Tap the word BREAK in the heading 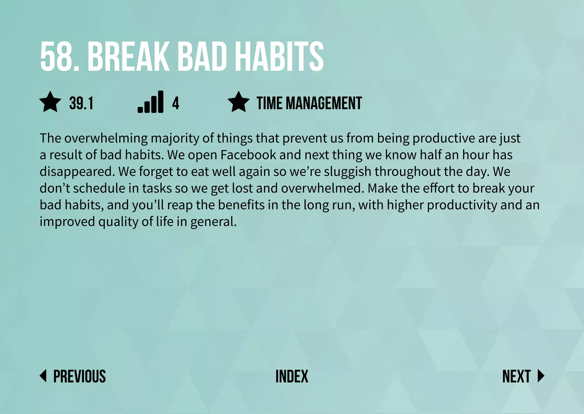point(128,56)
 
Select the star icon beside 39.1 point(50,102)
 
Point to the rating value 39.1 point(81,103)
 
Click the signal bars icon point(151,102)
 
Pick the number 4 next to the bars point(175,103)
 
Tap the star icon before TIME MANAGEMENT point(238,102)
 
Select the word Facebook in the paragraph point(248,155)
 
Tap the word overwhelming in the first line point(106,138)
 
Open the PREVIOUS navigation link point(79,376)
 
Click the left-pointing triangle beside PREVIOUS point(43,376)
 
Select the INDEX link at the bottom point(292,376)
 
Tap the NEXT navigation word point(516,376)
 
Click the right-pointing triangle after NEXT point(541,376)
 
